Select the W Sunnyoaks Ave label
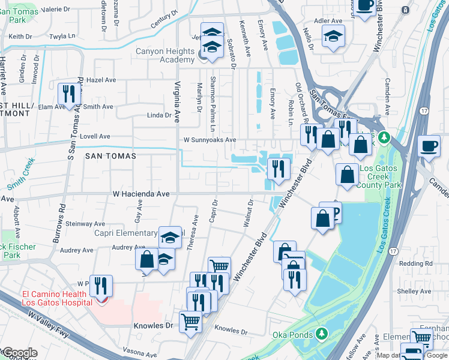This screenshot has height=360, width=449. point(209,140)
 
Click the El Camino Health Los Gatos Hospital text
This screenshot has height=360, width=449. point(57,298)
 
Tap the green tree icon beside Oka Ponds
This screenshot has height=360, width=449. point(323,332)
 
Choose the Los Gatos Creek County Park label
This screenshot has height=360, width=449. point(387,177)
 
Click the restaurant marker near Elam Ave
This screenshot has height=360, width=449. point(69,94)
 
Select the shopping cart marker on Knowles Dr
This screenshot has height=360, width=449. point(190,321)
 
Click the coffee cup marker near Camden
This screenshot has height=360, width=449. point(429,146)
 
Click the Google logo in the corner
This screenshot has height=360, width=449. point(19,353)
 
